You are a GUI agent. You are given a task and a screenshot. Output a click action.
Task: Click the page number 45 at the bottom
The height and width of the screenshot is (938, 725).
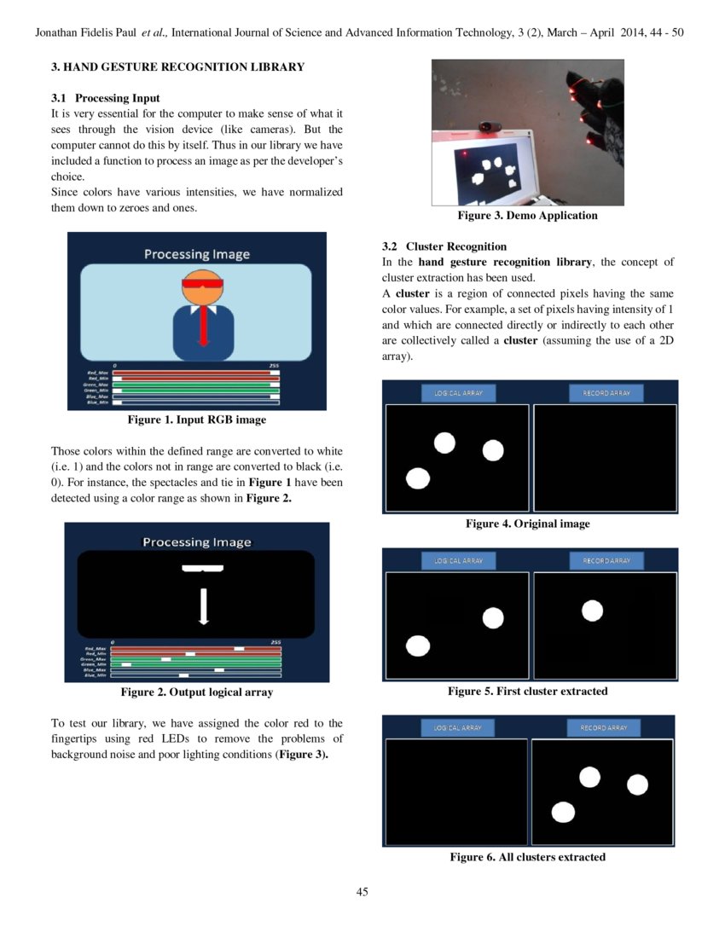point(362,892)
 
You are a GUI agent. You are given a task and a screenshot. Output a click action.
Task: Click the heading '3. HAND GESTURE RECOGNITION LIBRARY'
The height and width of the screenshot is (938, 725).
point(177,67)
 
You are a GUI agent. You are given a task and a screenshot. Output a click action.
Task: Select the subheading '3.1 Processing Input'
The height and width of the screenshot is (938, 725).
point(105,98)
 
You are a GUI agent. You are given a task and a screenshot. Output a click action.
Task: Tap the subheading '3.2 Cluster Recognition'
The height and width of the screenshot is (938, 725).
point(444,246)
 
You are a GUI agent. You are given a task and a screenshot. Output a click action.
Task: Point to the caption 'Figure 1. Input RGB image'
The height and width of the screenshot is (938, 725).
point(196,420)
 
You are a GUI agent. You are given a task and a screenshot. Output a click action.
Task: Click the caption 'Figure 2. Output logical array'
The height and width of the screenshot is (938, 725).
point(196,692)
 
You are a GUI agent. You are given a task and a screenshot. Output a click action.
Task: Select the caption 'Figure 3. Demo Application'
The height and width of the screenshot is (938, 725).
point(527,216)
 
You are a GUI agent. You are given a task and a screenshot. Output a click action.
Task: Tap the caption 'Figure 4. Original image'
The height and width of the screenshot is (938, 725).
point(527,524)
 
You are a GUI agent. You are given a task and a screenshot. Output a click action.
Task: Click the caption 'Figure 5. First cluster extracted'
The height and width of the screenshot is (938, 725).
point(527,691)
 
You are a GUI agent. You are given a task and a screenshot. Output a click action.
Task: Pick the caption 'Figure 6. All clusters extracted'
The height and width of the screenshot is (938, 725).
point(527,857)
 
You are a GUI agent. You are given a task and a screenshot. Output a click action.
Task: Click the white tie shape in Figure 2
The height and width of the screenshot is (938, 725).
point(203,605)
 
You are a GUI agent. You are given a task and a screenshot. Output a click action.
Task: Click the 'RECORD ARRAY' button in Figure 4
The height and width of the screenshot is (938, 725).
point(606,393)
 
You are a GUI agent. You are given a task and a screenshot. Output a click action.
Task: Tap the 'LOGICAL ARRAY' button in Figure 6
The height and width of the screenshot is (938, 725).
point(458,727)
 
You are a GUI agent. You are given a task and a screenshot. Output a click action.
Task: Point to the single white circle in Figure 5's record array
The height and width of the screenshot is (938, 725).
point(592,611)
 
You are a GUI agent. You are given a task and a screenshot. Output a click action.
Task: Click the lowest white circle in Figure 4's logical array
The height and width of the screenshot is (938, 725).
point(417,479)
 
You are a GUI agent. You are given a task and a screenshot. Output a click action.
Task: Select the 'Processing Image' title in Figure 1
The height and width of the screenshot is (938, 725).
point(196,253)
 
